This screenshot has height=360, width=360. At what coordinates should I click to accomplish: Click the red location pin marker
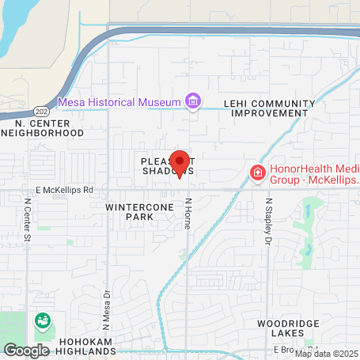[x=180, y=163]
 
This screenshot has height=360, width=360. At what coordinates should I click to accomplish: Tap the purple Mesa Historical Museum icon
[x=192, y=101]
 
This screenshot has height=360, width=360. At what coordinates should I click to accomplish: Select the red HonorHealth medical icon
[x=257, y=172]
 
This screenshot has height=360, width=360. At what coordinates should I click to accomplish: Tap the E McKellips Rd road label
[x=64, y=190]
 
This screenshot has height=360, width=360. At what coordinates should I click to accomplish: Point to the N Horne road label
[x=188, y=214]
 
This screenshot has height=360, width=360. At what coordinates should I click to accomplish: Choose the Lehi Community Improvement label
[x=269, y=108]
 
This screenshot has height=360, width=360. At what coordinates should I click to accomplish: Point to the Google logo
[x=25, y=350]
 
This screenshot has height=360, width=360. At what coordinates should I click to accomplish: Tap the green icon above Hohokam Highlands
[x=41, y=321]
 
